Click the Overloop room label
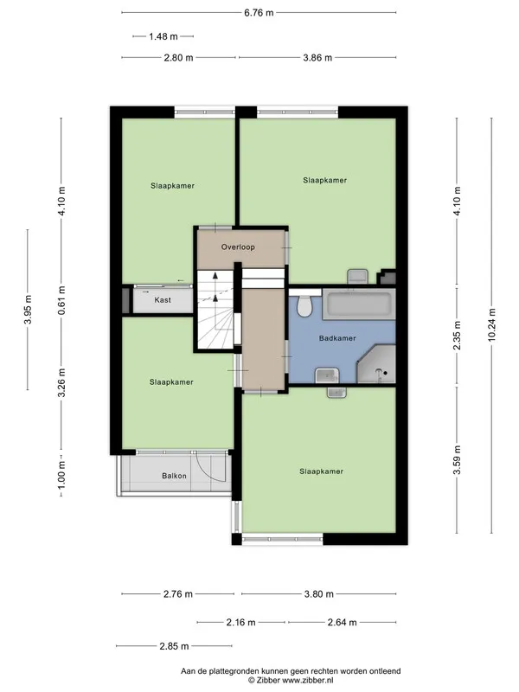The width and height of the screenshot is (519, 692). coord(238,247)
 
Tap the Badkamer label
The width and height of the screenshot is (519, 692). coord(337,338)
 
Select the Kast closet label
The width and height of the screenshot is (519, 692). coord(163,300)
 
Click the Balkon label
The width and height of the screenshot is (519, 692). coord(174,476)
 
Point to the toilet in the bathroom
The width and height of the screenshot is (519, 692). coord(304,305)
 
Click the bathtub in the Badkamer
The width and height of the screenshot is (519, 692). coord(359,304)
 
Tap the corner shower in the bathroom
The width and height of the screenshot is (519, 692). coord(376,364)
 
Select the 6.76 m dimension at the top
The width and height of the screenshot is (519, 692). coord(259,13)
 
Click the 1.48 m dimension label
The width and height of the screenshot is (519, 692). coord(163,36)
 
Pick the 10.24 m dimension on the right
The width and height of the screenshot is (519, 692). coord(491,325)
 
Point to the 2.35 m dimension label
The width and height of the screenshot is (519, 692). coord(457,336)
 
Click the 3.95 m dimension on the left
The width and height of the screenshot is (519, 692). coord(28,310)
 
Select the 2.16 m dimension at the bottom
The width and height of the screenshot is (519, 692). coord(241,622)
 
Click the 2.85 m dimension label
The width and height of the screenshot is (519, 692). coord(175,646)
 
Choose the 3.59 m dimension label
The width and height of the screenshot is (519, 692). coord(457,460)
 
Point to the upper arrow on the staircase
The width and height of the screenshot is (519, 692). coord(215,275)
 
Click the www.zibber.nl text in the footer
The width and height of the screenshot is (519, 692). coord(308,681)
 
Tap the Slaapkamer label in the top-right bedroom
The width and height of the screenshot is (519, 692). coord(325,180)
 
